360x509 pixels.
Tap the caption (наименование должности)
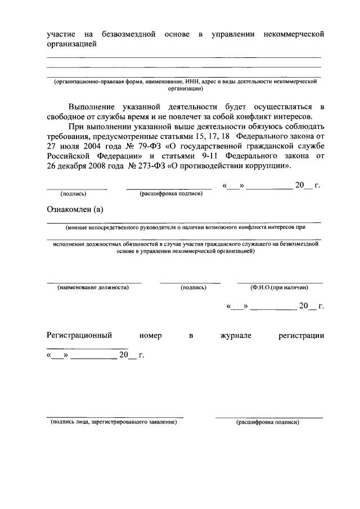point(93,287)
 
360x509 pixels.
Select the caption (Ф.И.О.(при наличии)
point(280,287)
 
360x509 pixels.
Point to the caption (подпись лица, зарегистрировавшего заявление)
point(114,422)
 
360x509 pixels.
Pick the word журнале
point(236,335)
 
